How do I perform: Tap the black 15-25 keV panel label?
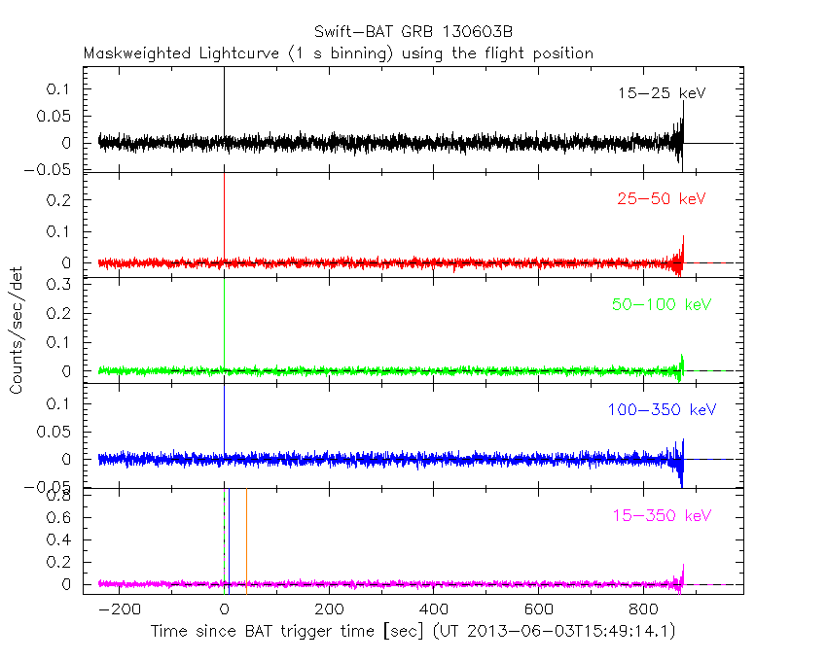click(x=661, y=94)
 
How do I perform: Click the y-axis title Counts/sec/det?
click(x=17, y=330)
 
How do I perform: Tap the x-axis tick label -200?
click(x=118, y=609)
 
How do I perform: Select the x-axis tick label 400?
click(x=433, y=609)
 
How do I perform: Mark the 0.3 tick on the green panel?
click(x=60, y=284)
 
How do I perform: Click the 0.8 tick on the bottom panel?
click(x=60, y=496)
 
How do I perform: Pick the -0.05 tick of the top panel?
click(x=54, y=169)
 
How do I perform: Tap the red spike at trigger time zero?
click(x=225, y=214)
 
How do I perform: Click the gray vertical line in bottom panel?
click(x=247, y=535)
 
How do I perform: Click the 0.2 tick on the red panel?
click(x=60, y=199)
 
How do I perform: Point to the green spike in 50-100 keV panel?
click(x=225, y=321)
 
